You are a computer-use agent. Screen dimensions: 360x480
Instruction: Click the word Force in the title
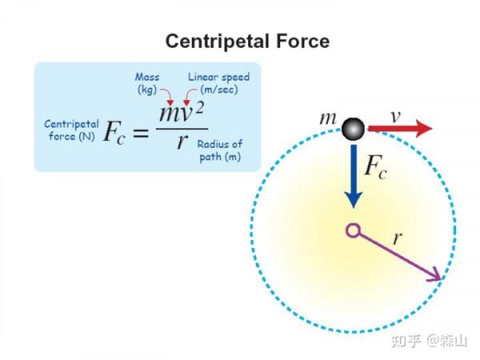tap(302, 41)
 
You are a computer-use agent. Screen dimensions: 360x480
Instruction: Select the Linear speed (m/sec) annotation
tap(218, 82)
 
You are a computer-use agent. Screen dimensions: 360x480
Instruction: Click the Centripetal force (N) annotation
tap(70, 130)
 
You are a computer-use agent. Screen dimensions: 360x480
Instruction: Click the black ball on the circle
tap(353, 128)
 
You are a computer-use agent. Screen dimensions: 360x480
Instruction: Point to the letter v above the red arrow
tap(394, 115)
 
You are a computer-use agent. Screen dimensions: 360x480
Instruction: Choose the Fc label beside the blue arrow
tap(379, 167)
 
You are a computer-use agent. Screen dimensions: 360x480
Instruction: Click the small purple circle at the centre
tap(352, 231)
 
